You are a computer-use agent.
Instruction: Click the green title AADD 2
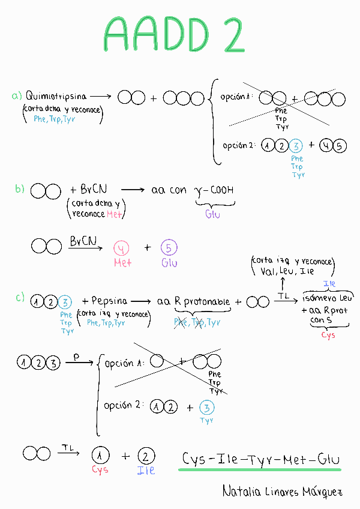(x=174, y=34)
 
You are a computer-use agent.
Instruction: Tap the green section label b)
(x=20, y=190)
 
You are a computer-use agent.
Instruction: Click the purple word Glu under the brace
(x=213, y=214)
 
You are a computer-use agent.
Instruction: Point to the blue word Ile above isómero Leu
(x=329, y=284)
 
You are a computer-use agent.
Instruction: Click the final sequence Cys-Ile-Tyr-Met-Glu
(x=262, y=460)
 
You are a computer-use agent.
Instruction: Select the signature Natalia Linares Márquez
(x=282, y=492)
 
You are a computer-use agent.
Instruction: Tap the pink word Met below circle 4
(x=122, y=262)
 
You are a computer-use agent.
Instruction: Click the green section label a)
(x=17, y=95)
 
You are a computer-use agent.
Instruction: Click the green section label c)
(x=20, y=297)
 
